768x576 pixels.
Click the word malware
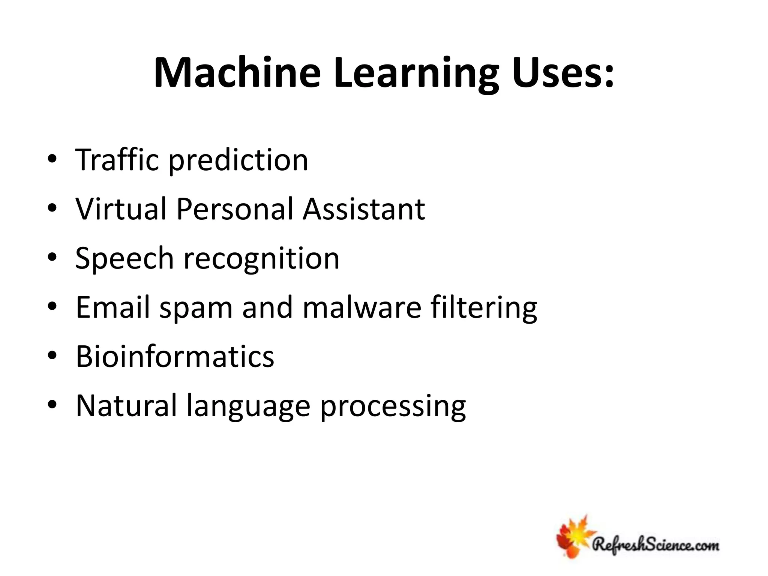[362, 307]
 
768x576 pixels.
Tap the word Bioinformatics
[175, 356]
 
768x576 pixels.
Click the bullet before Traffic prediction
[52, 159]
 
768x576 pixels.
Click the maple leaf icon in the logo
[573, 536]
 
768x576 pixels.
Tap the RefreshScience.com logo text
[655, 544]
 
